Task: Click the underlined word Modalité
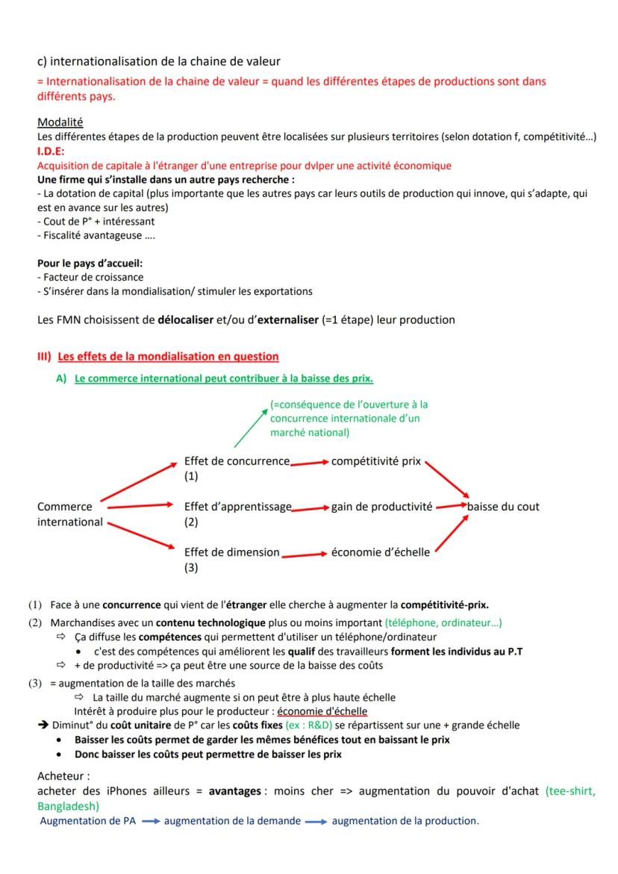click(60, 122)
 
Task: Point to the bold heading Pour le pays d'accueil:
click(90, 263)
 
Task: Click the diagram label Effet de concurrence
click(237, 461)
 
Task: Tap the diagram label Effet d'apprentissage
click(237, 507)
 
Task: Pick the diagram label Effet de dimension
click(231, 552)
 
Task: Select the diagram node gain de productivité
click(381, 507)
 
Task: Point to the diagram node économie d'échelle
click(380, 552)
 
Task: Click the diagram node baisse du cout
click(503, 507)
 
